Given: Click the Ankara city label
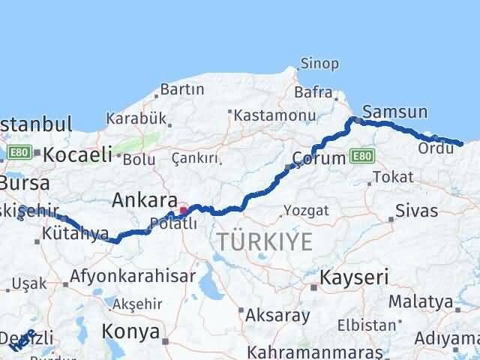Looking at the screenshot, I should click(x=144, y=200).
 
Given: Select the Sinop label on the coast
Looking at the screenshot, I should click(x=319, y=63).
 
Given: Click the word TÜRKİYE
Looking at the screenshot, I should click(x=264, y=241).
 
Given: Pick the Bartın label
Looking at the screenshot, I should click(x=182, y=89).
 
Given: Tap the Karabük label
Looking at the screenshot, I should click(x=135, y=118).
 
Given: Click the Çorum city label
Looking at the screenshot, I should click(x=319, y=158).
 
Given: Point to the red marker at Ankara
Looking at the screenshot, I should click(x=184, y=211).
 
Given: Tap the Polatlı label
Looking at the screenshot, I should click(x=173, y=223).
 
